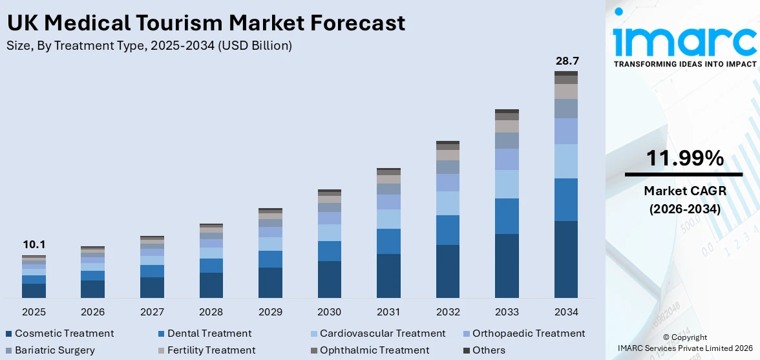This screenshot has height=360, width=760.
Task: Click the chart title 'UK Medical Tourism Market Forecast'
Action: pyautogui.click(x=206, y=23)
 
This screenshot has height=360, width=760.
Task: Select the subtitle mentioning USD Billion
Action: pyautogui.click(x=149, y=46)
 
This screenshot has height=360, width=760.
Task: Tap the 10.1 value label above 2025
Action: pyautogui.click(x=34, y=245)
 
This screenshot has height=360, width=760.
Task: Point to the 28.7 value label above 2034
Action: pyautogui.click(x=566, y=61)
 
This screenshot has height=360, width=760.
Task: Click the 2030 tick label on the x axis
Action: pyautogui.click(x=330, y=312)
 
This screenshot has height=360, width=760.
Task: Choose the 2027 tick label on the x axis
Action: pyautogui.click(x=152, y=312)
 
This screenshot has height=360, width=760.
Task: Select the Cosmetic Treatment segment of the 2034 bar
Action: pyautogui.click(x=566, y=259)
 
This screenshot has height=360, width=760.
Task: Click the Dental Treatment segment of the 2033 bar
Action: pyautogui.click(x=507, y=216)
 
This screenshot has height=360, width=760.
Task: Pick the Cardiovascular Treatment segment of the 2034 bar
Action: pyautogui.click(x=566, y=161)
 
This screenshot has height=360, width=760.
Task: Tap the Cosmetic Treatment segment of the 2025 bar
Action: pyautogui.click(x=34, y=290)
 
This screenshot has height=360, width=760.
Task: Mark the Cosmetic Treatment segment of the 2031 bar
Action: pyautogui.click(x=388, y=275)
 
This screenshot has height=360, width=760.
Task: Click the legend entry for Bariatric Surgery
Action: pyautogui.click(x=54, y=350)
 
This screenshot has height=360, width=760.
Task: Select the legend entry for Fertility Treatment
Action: pyautogui.click(x=211, y=350)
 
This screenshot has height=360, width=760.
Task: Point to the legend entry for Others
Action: pyautogui.click(x=489, y=350)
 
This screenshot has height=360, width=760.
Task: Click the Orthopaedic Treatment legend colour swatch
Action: pyautogui.click(x=466, y=334)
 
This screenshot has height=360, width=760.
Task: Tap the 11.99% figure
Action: pyautogui.click(x=684, y=158)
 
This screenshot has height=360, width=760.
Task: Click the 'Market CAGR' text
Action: pyautogui.click(x=684, y=191)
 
